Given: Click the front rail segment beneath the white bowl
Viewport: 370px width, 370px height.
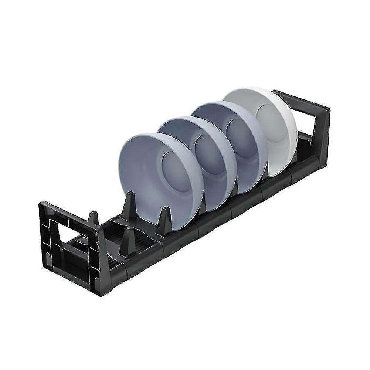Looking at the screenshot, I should pyautogui.click(x=281, y=181).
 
